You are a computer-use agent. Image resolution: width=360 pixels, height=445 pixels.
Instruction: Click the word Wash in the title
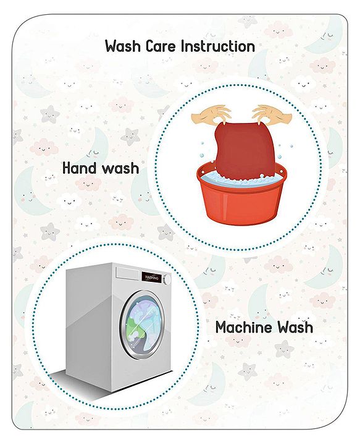click(x=123, y=46)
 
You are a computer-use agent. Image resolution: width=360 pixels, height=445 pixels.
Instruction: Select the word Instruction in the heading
click(x=218, y=46)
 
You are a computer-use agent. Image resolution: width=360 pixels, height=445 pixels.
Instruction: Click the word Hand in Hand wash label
click(x=79, y=167)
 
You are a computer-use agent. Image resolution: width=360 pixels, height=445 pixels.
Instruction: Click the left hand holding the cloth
click(x=211, y=115)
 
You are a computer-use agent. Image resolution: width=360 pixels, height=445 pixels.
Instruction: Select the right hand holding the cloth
click(x=272, y=115)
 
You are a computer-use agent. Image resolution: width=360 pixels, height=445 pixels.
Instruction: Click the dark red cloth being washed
click(x=244, y=150)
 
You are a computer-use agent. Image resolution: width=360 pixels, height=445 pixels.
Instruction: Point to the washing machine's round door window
click(x=143, y=324)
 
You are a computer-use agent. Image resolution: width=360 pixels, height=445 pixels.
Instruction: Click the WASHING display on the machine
click(x=152, y=278)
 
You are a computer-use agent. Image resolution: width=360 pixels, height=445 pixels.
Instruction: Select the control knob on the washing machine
click(x=168, y=279)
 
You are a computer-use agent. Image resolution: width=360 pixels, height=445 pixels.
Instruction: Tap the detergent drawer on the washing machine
click(x=127, y=273)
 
